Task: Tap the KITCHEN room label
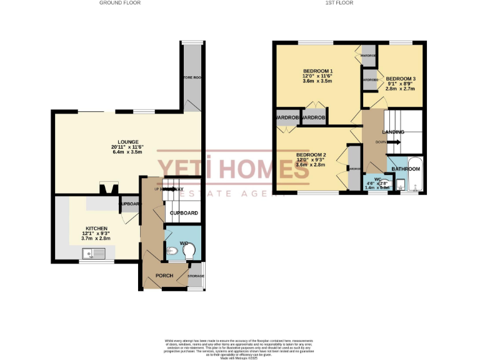click(97, 229)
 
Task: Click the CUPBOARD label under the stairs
click(184, 213)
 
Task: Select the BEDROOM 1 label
click(317, 71)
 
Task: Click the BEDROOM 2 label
click(311, 154)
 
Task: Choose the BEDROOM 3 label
click(400, 78)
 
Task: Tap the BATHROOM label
click(406, 169)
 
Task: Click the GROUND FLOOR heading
click(120, 3)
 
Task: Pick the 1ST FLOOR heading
click(339, 3)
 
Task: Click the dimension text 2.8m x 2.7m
click(400, 89)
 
